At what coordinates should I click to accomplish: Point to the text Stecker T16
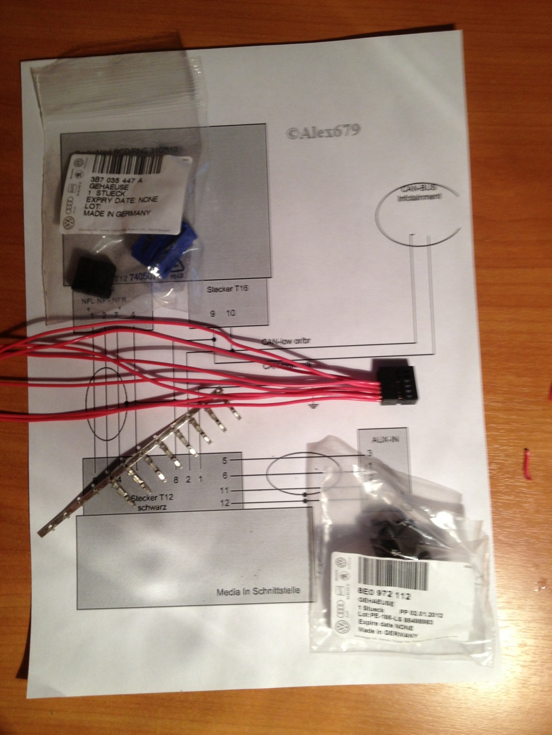227,290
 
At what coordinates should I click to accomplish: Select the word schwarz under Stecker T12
152,508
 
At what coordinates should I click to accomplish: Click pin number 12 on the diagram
224,504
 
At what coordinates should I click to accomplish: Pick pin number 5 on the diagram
225,461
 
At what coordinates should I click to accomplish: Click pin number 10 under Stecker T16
231,313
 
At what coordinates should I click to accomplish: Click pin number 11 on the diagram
224,490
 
